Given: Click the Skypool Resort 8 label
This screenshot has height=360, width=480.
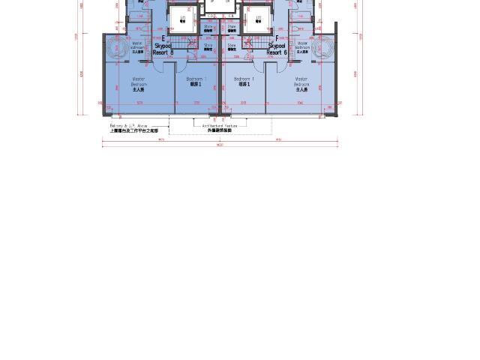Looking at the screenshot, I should click(163, 49).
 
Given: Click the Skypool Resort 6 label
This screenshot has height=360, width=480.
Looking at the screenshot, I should click(277, 49).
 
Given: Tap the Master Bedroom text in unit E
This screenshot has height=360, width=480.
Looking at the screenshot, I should click(139, 83).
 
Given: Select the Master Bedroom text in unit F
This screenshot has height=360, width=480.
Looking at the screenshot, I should click(301, 83).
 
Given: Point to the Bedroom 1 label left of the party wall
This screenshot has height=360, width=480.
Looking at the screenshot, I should click(196, 82).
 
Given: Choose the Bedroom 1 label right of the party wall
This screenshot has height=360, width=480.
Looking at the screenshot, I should click(243, 82).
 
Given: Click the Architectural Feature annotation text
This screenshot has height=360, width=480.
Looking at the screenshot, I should click(220, 126).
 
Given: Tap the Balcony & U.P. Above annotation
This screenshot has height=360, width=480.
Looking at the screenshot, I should click(129, 126).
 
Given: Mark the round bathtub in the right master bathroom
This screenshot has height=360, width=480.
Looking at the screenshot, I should click(323, 48).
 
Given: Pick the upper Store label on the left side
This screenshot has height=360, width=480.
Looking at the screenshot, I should click(208, 28).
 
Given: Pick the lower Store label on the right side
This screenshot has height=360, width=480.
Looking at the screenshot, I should click(232, 46).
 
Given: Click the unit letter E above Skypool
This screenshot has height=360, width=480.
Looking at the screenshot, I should click(163, 38).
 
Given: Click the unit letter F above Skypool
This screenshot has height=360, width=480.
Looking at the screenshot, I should click(277, 38).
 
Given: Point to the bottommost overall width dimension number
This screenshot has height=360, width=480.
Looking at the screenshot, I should click(220, 145).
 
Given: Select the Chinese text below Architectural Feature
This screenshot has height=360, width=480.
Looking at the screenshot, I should click(220, 130).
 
